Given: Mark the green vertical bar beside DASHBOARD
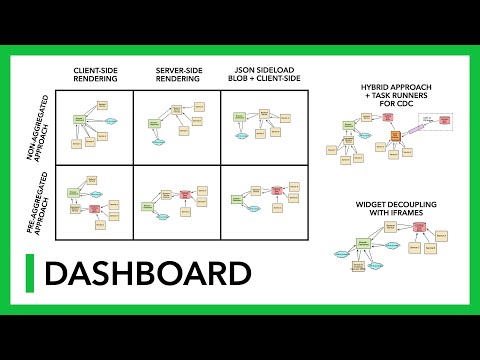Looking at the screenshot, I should (31, 273).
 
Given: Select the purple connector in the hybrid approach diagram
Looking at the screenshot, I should (409, 127).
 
